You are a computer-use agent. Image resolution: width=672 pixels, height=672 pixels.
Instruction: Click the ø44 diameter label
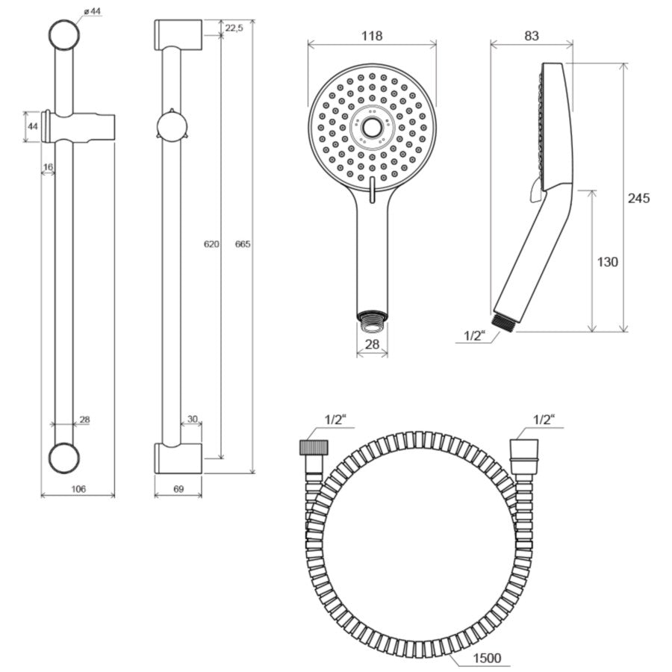[x=92, y=11]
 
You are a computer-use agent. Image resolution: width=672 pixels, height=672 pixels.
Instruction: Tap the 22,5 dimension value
[x=234, y=28]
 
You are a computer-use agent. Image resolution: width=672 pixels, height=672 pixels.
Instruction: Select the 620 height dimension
[x=211, y=244]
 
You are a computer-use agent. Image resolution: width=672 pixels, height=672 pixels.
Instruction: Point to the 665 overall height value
[x=243, y=244]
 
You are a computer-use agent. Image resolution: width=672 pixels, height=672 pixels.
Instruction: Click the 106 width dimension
[x=78, y=488]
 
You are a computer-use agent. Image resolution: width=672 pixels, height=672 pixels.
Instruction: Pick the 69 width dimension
[x=178, y=488]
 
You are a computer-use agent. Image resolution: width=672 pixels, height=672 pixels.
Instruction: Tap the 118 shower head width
[x=372, y=36]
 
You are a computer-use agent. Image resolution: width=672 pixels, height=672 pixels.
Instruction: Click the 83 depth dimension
[x=532, y=36]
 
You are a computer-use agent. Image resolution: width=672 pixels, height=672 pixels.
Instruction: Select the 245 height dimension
[x=638, y=198]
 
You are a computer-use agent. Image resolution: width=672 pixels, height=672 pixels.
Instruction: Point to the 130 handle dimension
[x=607, y=261]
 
